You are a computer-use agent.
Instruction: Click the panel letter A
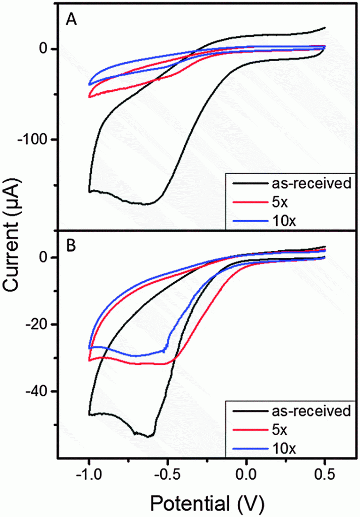(x=72, y=20)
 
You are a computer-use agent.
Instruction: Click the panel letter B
(x=71, y=246)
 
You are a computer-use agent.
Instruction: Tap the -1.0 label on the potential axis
(x=89, y=475)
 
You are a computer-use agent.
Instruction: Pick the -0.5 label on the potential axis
(x=167, y=475)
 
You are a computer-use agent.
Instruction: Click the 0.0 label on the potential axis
(x=246, y=475)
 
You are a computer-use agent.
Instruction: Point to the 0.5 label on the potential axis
(x=325, y=475)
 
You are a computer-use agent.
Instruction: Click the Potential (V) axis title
(x=207, y=503)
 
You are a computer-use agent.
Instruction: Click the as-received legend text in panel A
(x=312, y=183)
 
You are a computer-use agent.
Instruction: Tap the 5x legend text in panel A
(x=280, y=202)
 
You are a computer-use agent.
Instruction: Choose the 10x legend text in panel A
(x=284, y=221)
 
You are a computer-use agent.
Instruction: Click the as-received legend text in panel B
(x=312, y=411)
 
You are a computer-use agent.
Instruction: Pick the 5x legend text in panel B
(x=280, y=430)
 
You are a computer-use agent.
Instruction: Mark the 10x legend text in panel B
(x=284, y=448)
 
